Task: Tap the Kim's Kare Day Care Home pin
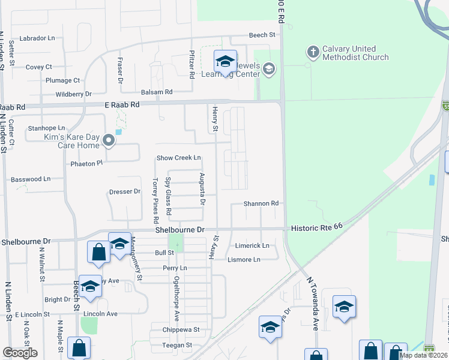[109, 140]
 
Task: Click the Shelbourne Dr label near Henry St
[180, 230]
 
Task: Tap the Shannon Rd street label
[261, 203]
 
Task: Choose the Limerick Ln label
[252, 246]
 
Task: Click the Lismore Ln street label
[244, 259]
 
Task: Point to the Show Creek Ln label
[178, 158]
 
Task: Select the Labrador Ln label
[37, 38]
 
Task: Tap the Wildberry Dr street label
[73, 94]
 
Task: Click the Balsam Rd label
[157, 92]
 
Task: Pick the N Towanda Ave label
[313, 304]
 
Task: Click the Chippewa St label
[180, 330]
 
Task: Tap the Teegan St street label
[177, 345]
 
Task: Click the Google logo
[20, 353]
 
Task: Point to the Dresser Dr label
[124, 192]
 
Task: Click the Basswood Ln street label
[31, 179]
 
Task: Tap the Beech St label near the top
[262, 35]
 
